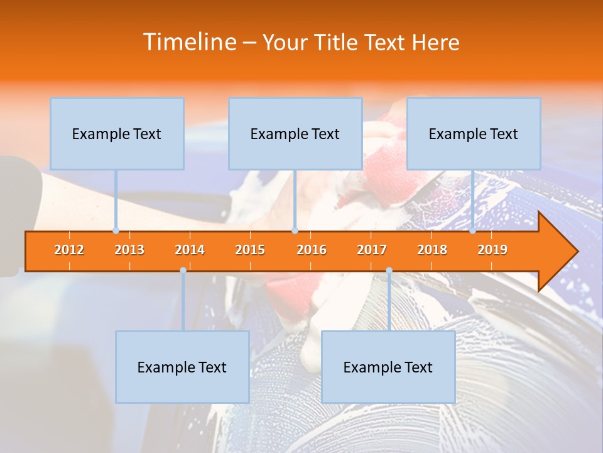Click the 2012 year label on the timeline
tap(69, 250)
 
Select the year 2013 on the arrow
tap(129, 250)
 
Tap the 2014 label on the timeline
tap(190, 250)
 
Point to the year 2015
tap(250, 250)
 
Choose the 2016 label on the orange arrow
tap(312, 250)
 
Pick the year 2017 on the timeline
tap(372, 250)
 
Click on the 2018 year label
tap(432, 250)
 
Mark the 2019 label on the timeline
tap(492, 250)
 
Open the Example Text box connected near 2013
tap(117, 133)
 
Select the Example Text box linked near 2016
tap(295, 133)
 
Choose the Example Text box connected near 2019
tap(474, 133)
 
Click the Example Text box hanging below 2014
tap(182, 367)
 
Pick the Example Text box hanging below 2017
tap(388, 367)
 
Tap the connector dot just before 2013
tap(116, 231)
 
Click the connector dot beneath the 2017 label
tap(389, 271)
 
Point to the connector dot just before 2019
tap(473, 231)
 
